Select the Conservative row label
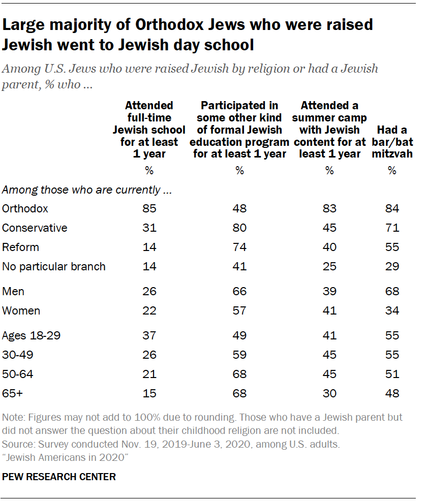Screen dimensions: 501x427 click(35, 228)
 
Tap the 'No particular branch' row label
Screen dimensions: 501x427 click(54, 267)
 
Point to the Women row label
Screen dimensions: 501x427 click(21, 310)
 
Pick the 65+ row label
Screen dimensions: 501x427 click(14, 393)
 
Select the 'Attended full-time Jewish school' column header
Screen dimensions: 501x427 click(149, 130)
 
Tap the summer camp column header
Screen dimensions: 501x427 click(329, 130)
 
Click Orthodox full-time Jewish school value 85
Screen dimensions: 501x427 click(149, 209)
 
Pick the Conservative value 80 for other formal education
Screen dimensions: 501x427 click(239, 228)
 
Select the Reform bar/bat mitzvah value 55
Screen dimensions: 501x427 click(392, 247)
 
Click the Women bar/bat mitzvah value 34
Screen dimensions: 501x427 click(392, 310)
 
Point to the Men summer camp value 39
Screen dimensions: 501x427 click(329, 291)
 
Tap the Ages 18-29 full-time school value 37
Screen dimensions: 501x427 click(149, 336)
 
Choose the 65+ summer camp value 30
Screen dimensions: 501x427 click(329, 393)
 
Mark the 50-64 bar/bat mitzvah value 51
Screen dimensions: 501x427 click(392, 374)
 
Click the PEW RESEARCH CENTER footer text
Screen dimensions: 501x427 click(59, 477)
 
